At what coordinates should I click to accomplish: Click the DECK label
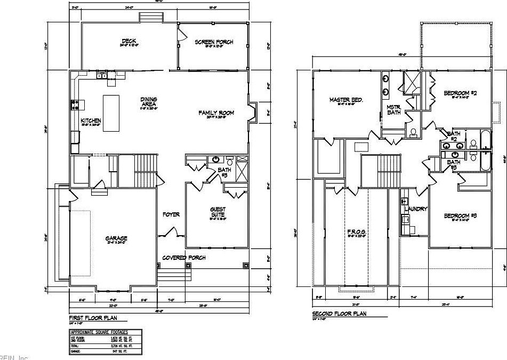(128, 41)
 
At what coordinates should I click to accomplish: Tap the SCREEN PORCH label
(213, 42)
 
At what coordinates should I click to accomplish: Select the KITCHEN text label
(91, 121)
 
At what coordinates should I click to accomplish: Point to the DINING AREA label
(148, 102)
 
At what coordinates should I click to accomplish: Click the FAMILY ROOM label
(216, 113)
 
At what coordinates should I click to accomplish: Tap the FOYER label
(171, 214)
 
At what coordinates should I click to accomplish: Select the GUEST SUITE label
(217, 212)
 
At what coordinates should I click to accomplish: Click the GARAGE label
(116, 238)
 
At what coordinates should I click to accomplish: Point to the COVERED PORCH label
(184, 258)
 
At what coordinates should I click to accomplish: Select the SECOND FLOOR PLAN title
(339, 314)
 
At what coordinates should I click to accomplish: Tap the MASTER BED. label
(346, 100)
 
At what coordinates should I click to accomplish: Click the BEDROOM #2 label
(460, 93)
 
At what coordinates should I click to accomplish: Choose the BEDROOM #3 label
(460, 215)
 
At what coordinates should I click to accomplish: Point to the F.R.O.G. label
(355, 232)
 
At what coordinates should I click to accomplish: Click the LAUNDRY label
(417, 209)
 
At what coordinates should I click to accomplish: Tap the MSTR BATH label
(393, 109)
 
